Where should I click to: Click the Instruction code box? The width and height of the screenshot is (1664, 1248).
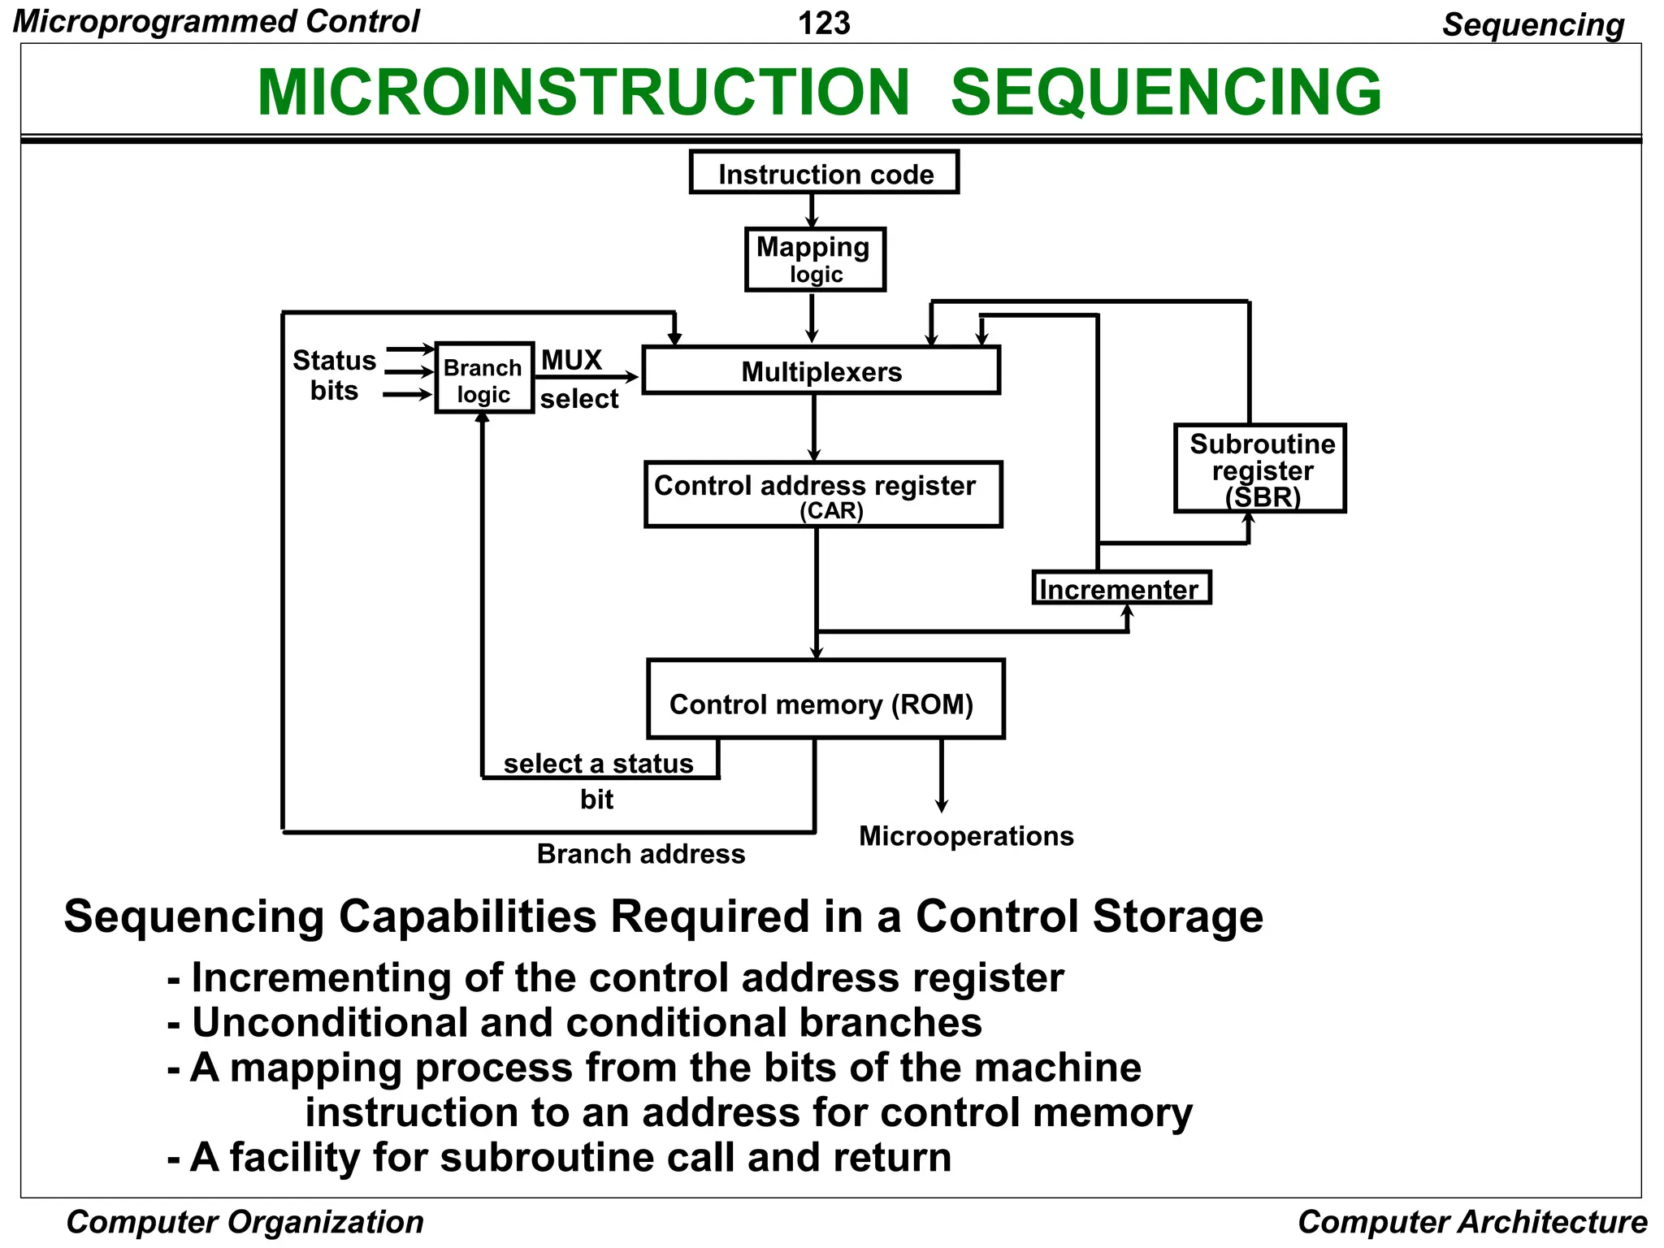click(x=824, y=172)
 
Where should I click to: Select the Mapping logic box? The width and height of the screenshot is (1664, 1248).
click(x=815, y=259)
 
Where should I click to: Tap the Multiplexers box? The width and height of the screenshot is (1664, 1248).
click(x=821, y=370)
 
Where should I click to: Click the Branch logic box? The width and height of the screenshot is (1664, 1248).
click(x=484, y=379)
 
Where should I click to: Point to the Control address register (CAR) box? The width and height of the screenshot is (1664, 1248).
click(x=822, y=495)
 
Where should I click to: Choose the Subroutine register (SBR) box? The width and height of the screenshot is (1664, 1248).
click(x=1259, y=468)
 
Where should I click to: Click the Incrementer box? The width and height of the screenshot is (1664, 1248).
click(x=1120, y=587)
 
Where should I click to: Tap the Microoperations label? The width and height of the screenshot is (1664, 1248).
click(x=966, y=835)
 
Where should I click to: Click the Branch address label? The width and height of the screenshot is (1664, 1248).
click(x=640, y=854)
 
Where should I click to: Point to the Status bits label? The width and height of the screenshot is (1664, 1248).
click(x=334, y=375)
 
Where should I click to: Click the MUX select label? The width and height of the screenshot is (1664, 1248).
click(x=578, y=379)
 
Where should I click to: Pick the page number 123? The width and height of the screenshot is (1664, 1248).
click(x=824, y=23)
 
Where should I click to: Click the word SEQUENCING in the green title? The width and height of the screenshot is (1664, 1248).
click(x=1166, y=92)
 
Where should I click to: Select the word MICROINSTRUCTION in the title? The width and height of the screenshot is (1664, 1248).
click(x=583, y=92)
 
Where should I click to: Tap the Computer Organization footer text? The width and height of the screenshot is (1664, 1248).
click(x=245, y=1222)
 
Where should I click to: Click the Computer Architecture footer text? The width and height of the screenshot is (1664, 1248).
click(x=1471, y=1222)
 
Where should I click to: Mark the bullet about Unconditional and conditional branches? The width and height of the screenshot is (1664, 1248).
click(x=574, y=1022)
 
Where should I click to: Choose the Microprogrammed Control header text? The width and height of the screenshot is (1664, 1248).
click(x=216, y=21)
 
